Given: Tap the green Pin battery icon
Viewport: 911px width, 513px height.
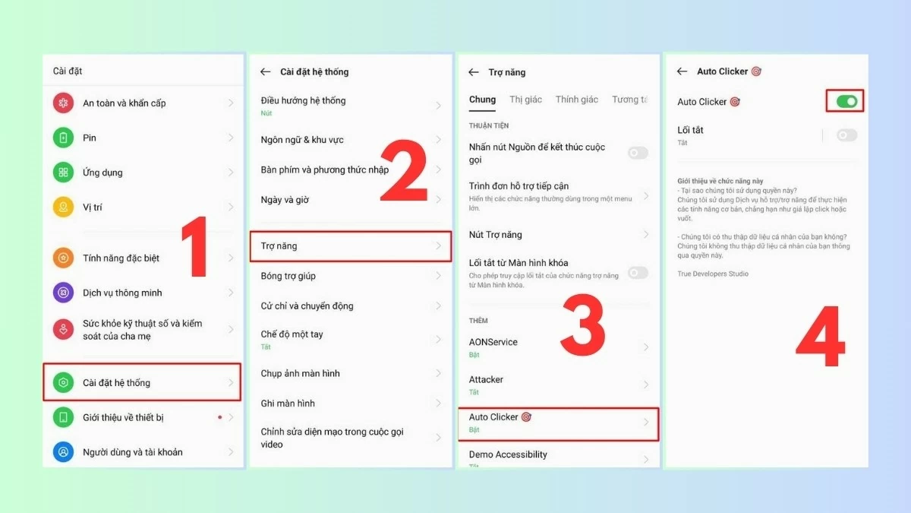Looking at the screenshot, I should click(x=63, y=138).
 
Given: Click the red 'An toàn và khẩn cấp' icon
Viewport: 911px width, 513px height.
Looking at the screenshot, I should click(x=63, y=103).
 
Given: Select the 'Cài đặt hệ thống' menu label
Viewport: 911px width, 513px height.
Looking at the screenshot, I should click(x=116, y=382).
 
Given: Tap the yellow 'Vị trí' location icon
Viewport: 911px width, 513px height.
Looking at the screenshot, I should click(x=63, y=207).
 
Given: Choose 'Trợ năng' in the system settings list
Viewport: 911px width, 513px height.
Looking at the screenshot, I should click(x=279, y=246).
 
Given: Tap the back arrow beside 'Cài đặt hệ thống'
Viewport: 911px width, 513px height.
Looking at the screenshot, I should click(x=265, y=71).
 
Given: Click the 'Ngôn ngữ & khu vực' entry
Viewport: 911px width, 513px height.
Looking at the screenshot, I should click(x=302, y=140).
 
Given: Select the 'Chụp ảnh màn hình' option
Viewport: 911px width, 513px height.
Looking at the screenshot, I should click(x=300, y=373).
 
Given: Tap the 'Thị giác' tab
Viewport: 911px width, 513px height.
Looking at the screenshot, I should click(x=526, y=100).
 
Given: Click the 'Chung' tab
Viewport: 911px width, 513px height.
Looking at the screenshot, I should click(x=482, y=100).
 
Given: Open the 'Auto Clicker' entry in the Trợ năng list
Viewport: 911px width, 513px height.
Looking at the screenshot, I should click(x=493, y=417).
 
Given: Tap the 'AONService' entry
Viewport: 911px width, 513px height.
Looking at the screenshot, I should click(x=493, y=342).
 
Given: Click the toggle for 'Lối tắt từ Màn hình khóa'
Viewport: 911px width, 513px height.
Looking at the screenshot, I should click(x=638, y=273).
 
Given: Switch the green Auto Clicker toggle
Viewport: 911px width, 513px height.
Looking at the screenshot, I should click(x=846, y=101).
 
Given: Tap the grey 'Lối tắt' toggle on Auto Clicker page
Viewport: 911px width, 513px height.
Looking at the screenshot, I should click(x=846, y=135).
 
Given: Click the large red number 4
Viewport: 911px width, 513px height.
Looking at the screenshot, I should click(x=820, y=337).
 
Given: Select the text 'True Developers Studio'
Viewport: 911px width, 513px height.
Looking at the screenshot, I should click(x=713, y=274).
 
